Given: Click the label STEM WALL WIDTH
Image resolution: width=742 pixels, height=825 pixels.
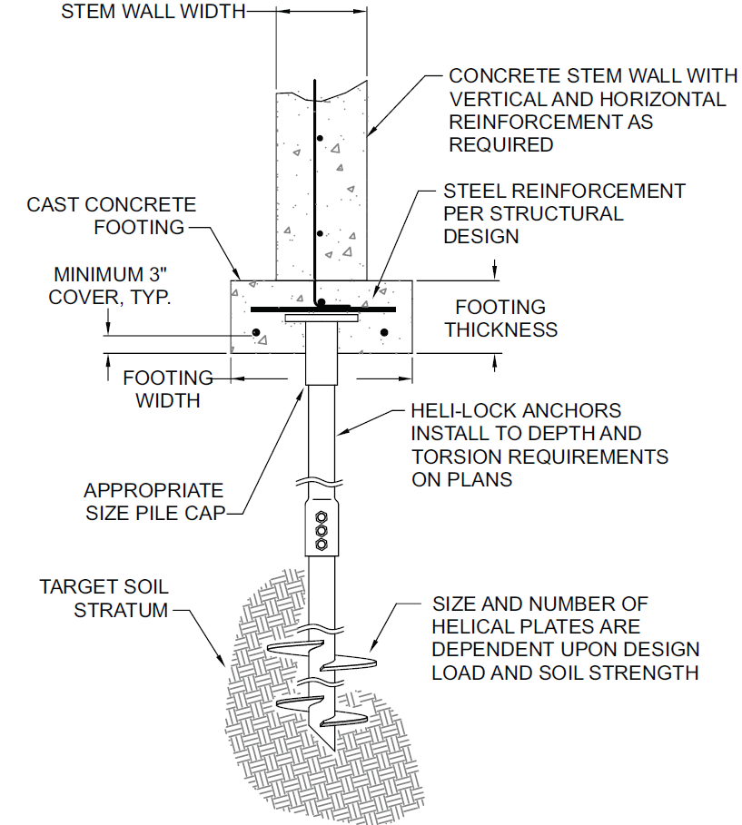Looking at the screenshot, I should tap(153, 12).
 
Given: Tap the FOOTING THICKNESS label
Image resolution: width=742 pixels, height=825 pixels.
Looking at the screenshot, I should tap(501, 319).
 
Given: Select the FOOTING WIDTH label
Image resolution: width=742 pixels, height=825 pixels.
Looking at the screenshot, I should tap(168, 388).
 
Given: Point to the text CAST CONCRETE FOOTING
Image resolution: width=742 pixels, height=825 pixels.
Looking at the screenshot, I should tap(112, 216).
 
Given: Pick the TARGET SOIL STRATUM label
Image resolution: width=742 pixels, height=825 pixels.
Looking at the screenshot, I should tap(104, 598).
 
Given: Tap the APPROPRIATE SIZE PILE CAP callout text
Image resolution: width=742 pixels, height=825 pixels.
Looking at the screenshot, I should tap(153, 501).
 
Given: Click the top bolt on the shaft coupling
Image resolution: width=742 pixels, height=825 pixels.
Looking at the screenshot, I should tap(321, 520).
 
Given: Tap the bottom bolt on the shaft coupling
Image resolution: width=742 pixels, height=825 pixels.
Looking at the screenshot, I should tap(321, 545).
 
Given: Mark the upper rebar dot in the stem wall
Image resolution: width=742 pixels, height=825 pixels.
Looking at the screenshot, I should tap(317, 138).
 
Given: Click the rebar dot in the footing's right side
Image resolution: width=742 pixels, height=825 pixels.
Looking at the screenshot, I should tap(384, 333).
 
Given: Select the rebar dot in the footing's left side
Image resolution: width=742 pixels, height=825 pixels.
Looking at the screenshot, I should tap(256, 333).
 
